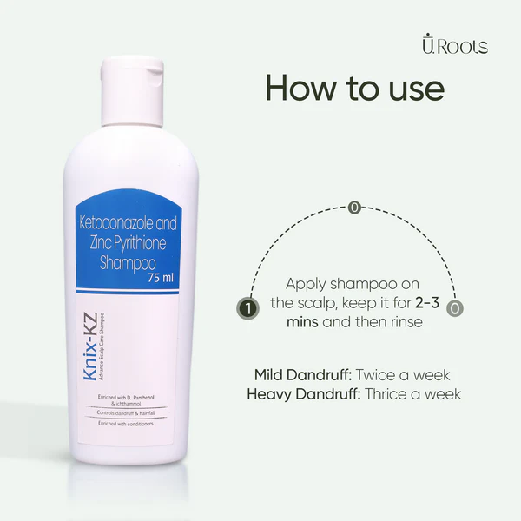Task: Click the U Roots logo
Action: (x=453, y=46)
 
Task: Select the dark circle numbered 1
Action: (x=248, y=307)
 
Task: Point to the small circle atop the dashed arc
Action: (x=353, y=208)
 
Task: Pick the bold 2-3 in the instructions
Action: (x=432, y=303)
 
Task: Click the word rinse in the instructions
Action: (x=403, y=321)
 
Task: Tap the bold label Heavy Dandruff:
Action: (x=300, y=393)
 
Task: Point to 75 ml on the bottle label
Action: (x=161, y=278)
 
